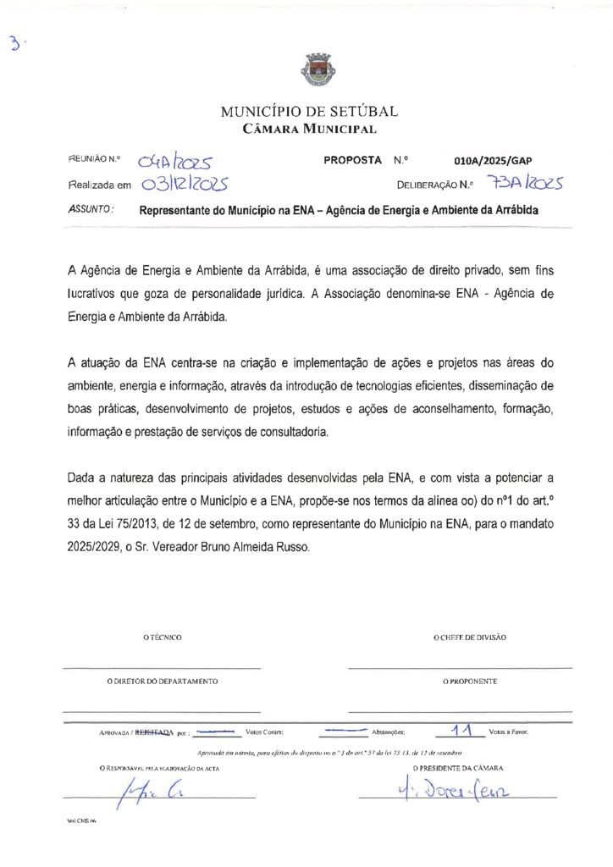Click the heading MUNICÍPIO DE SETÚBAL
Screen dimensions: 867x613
[x=309, y=111]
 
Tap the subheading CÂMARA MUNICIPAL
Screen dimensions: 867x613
[x=309, y=129]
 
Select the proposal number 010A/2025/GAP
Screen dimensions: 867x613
[x=493, y=160]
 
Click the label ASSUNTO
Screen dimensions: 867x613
[x=91, y=209]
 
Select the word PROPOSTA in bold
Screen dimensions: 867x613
[x=352, y=160]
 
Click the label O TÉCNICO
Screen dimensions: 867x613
[x=162, y=638]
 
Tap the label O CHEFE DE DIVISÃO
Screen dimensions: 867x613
[x=470, y=638]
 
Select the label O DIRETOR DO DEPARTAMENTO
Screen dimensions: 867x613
[x=162, y=681]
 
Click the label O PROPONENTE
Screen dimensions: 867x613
[x=470, y=681]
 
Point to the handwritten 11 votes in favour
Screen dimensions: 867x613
[x=461, y=729]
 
